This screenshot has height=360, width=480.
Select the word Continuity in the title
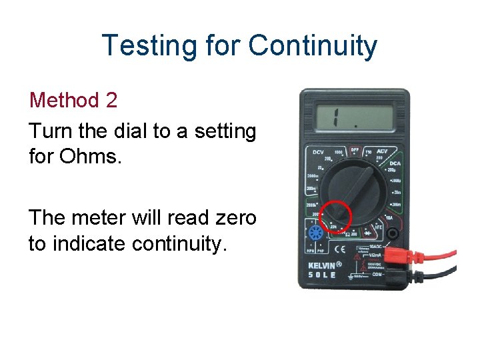click(313, 46)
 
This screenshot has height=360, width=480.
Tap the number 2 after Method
click(111, 101)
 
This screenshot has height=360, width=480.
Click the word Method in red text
click(64, 101)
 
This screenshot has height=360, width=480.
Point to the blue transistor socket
click(314, 233)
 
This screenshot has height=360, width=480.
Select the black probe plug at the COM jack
click(400, 274)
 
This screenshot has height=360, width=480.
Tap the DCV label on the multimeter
click(318, 153)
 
